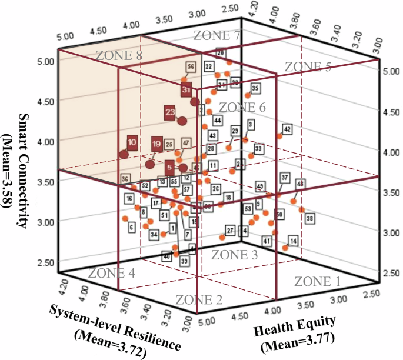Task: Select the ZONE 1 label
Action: pos(317,281)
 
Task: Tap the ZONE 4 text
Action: pos(112,273)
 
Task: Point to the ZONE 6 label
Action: pos(242,107)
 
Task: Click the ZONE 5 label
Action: pos(308,66)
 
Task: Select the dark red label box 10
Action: pos(132,142)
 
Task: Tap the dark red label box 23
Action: pos(171,112)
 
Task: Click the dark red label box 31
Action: pos(186,90)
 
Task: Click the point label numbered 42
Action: pos(287,129)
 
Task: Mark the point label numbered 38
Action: pos(310,218)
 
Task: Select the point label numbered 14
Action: pos(292,241)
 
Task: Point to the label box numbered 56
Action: pos(191,66)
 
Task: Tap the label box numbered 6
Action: pos(132,226)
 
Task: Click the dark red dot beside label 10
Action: pos(124,154)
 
